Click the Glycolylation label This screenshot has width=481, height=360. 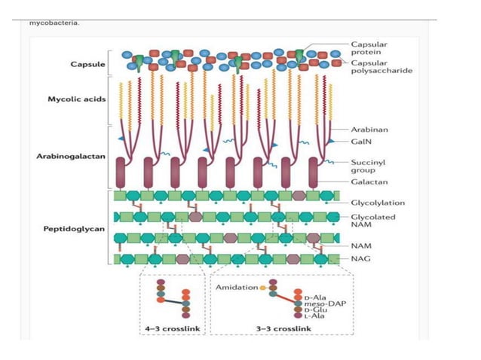(x=377, y=202)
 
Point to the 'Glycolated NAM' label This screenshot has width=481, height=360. (x=374, y=220)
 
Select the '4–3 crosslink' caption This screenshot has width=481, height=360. (x=171, y=328)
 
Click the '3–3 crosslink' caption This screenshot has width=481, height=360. (x=279, y=328)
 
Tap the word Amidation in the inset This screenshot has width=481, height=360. (x=236, y=288)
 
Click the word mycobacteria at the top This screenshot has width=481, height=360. (x=54, y=22)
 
